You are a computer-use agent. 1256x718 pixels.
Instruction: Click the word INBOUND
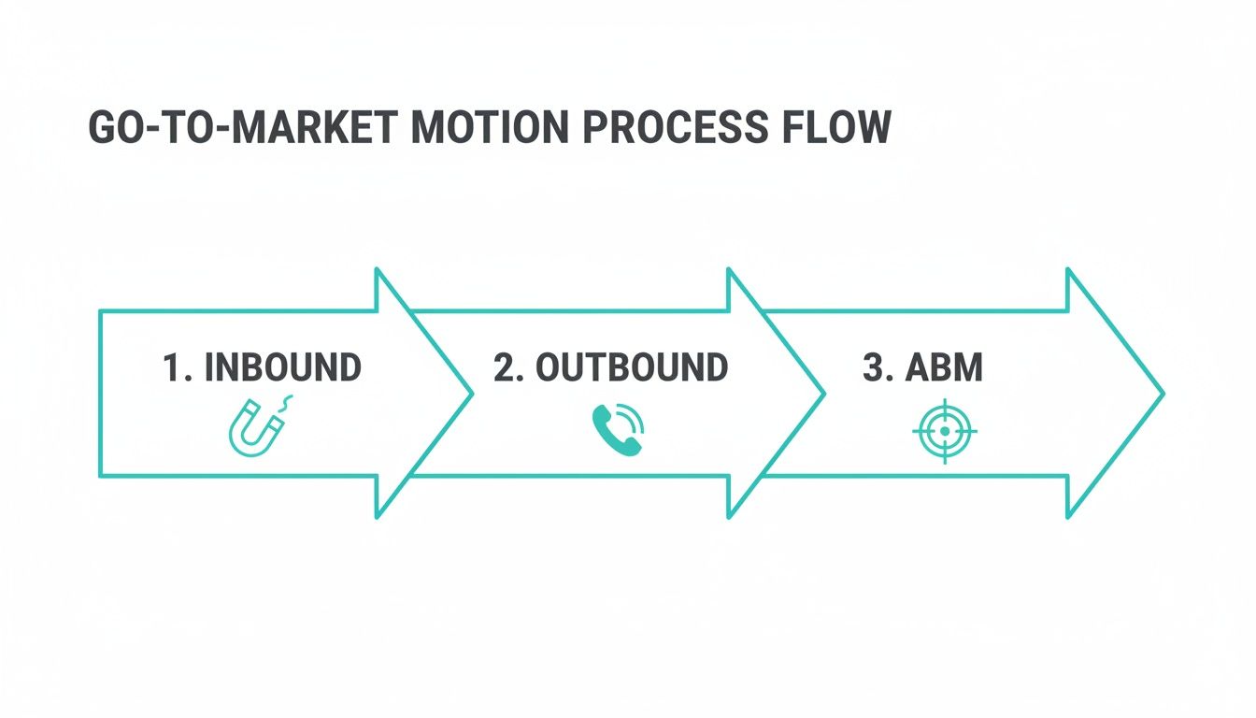point(282,368)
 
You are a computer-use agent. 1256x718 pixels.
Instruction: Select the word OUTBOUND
point(632,368)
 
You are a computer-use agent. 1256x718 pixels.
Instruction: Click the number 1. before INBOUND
point(178,368)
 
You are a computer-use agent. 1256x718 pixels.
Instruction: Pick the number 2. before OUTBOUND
point(508,368)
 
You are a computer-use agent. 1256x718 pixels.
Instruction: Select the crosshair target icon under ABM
point(944,431)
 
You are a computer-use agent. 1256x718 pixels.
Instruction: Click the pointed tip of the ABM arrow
point(1162,394)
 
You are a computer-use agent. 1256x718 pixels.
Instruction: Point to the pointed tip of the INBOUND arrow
point(471,394)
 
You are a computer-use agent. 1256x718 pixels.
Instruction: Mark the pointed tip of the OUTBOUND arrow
point(823,394)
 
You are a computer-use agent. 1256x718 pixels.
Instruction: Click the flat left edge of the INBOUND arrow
point(100,394)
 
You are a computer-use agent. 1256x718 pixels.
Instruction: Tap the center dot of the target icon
point(944,431)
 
